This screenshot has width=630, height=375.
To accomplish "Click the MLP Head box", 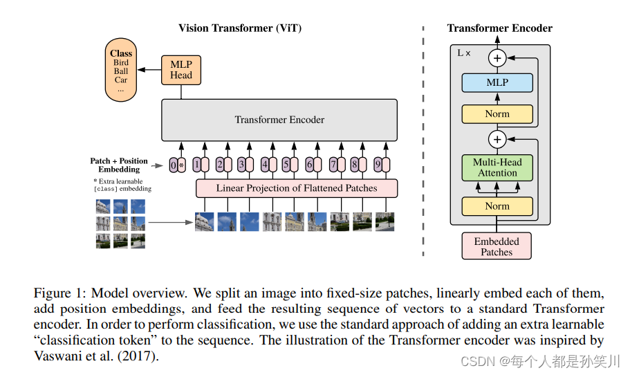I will (x=180, y=70).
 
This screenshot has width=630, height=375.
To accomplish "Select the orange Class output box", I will (x=121, y=71).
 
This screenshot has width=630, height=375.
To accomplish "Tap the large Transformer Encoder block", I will (x=279, y=120).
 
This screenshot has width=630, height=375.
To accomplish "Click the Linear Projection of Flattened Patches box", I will (x=297, y=187).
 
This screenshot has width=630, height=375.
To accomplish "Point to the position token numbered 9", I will (x=377, y=165).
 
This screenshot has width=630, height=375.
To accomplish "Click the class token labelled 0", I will (x=174, y=165).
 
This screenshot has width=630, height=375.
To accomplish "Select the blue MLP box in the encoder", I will (x=497, y=82).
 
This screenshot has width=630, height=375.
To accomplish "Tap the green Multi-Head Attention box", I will (x=497, y=167).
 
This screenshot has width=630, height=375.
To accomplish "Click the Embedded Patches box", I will (x=497, y=246).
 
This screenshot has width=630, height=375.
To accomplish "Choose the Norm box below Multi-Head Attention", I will (x=497, y=206).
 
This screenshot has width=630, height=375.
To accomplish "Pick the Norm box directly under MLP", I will (x=497, y=114).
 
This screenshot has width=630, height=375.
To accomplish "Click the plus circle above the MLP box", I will (x=497, y=58).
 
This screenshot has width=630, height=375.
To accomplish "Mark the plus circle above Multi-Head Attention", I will (x=497, y=140).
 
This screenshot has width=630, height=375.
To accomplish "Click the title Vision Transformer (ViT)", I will (x=240, y=28).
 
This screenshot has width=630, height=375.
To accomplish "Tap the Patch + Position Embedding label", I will (x=119, y=165).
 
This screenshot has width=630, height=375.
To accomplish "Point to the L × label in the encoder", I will (x=464, y=53).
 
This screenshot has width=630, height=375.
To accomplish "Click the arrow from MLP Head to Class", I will (x=149, y=70).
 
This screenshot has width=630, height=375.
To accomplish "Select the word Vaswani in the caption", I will (x=57, y=356).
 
